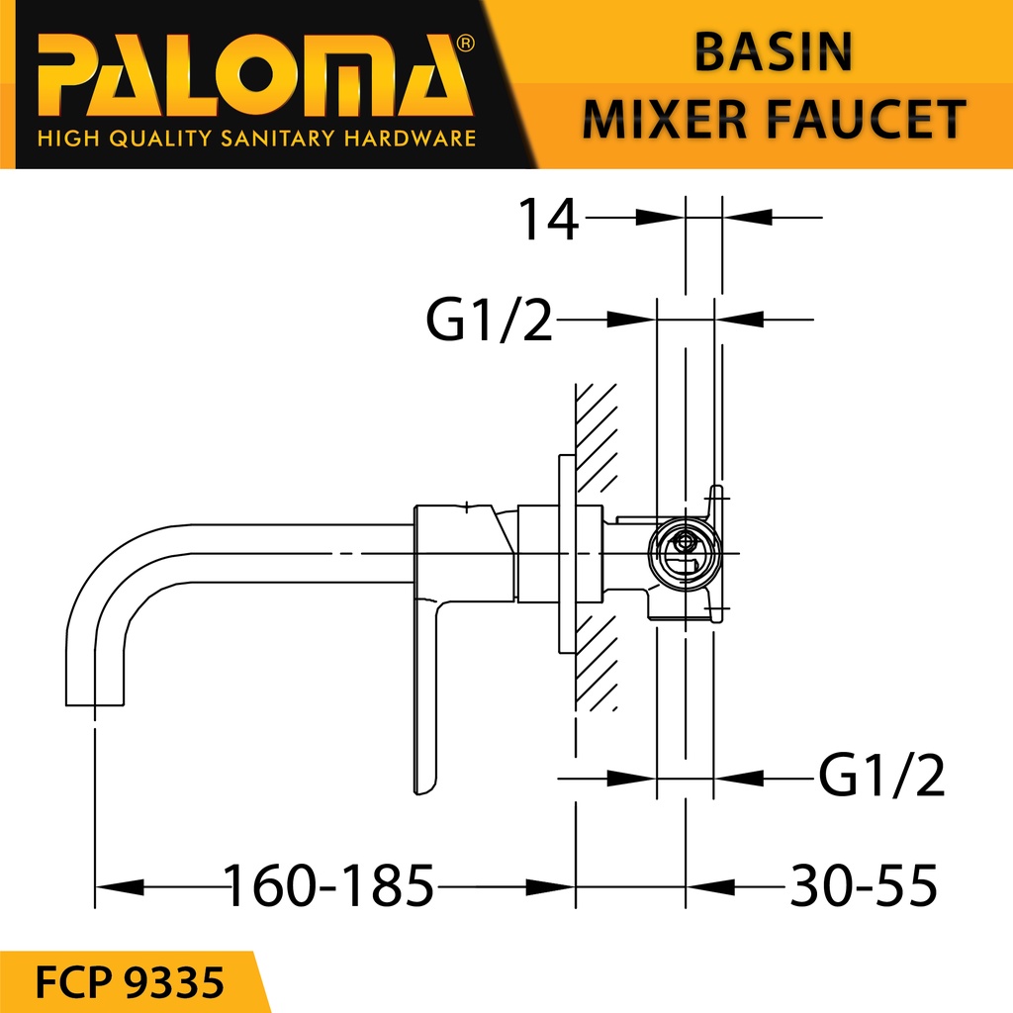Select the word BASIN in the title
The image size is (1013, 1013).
click(x=773, y=53)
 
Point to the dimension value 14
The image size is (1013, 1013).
click(x=549, y=220)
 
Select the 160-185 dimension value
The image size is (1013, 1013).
click(x=329, y=885)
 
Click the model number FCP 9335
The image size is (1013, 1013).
click(x=129, y=983)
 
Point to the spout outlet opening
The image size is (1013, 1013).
click(x=95, y=702)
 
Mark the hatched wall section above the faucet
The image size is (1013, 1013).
click(x=597, y=435)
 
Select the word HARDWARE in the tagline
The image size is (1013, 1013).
click(x=409, y=138)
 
